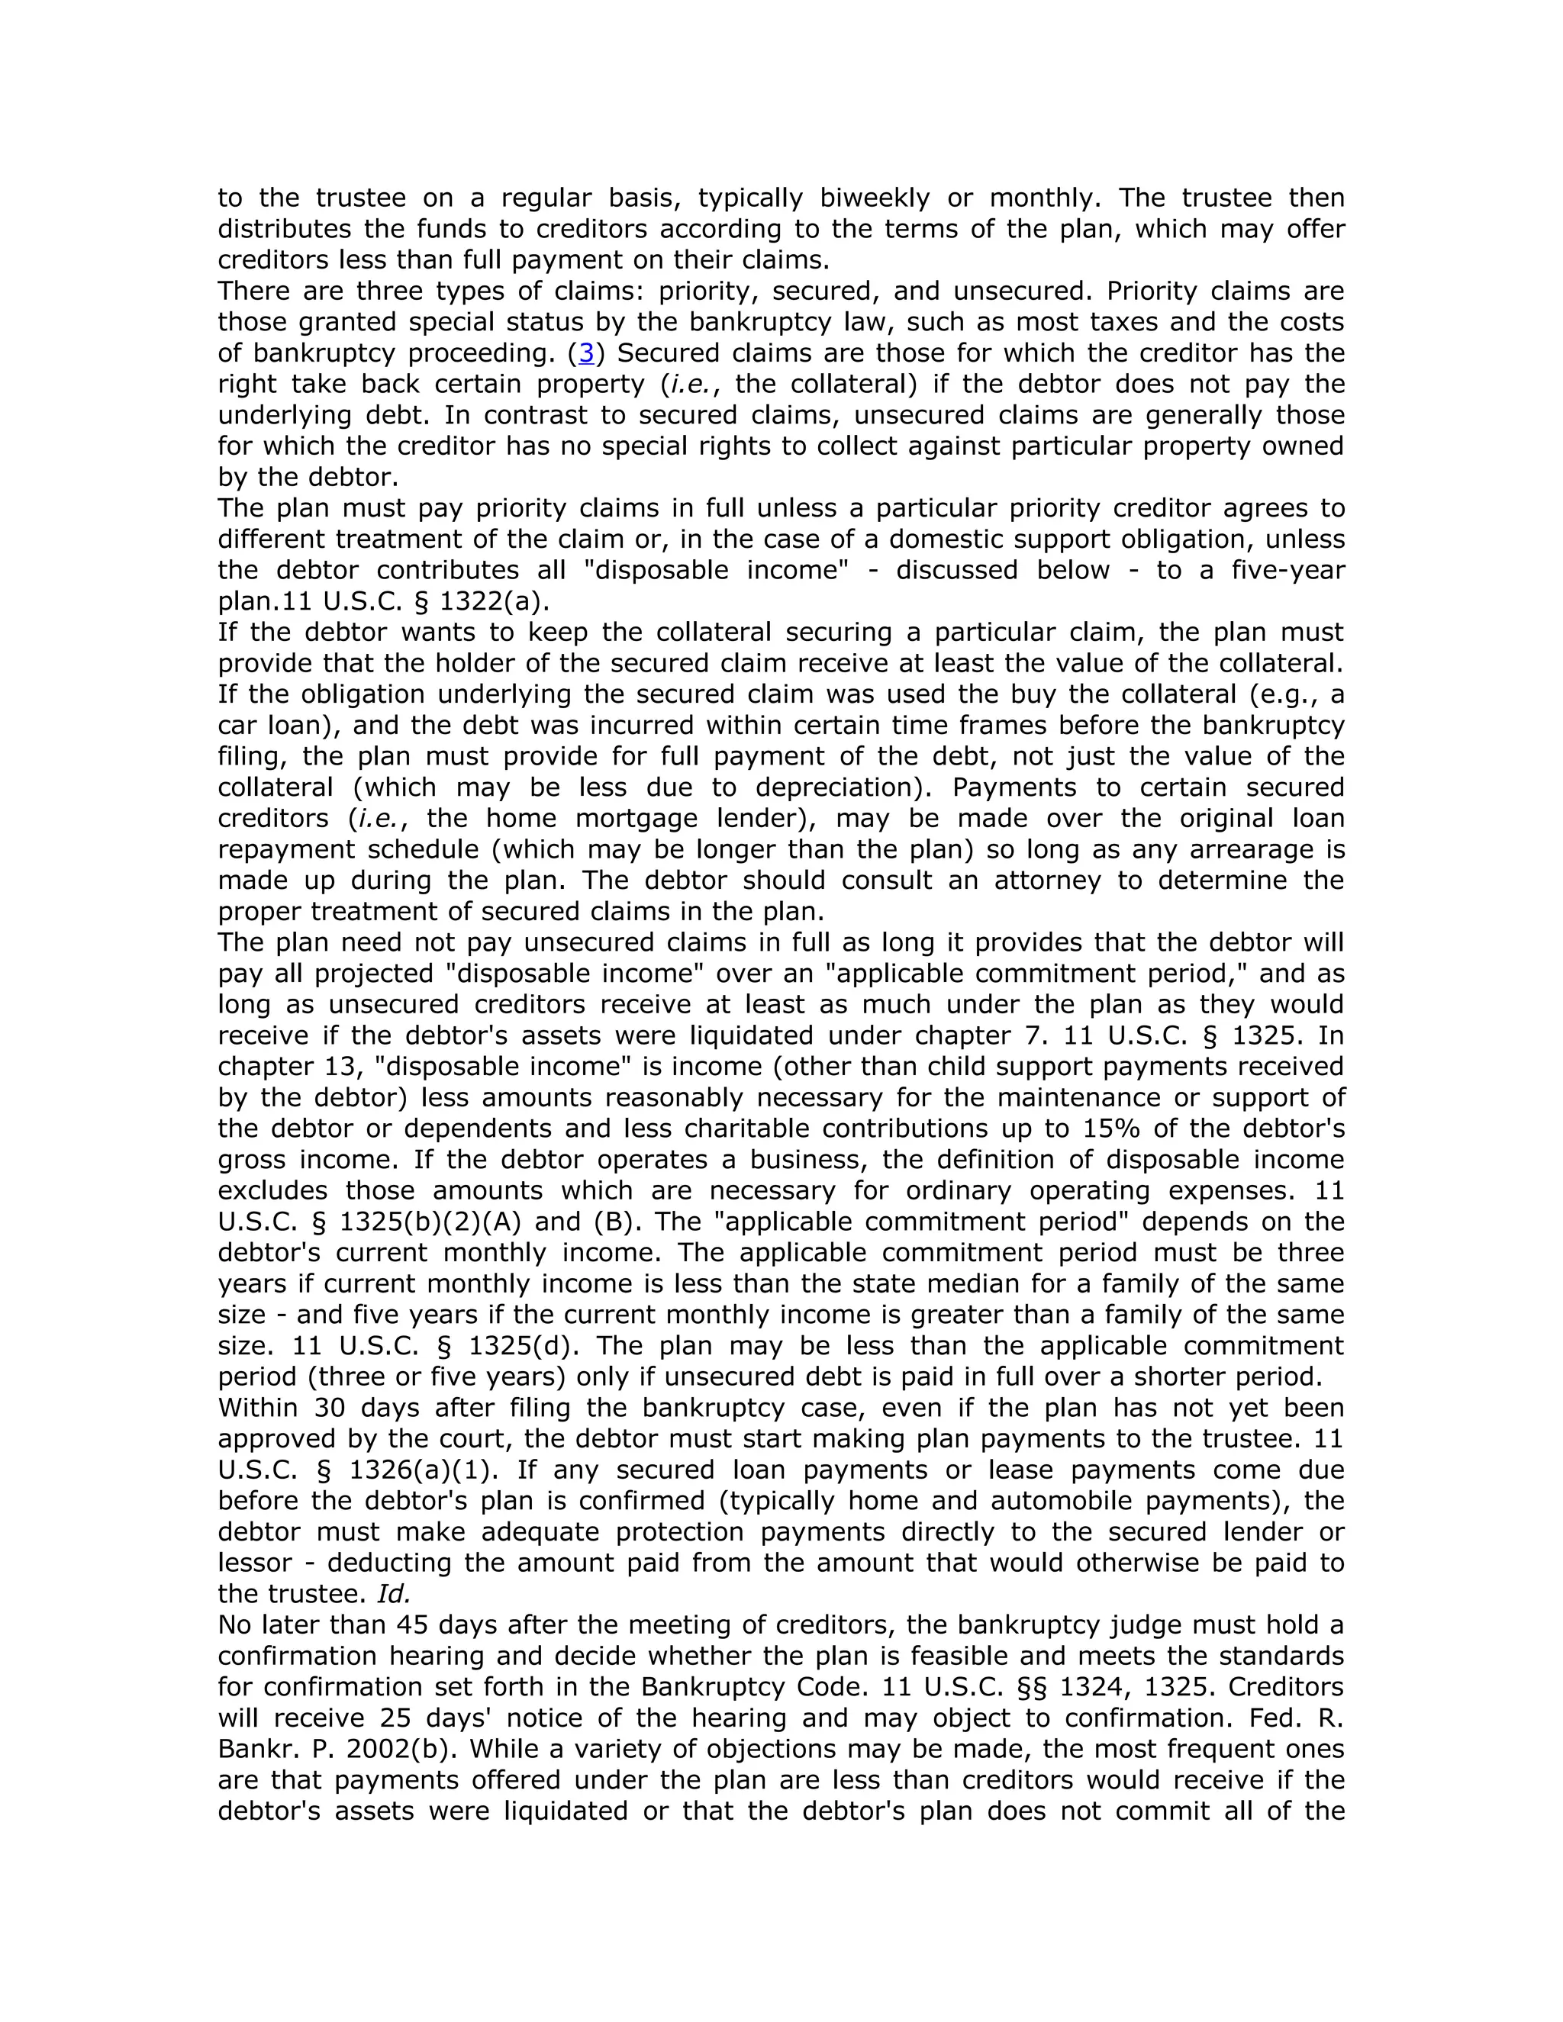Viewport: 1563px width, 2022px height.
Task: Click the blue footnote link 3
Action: (x=585, y=353)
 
